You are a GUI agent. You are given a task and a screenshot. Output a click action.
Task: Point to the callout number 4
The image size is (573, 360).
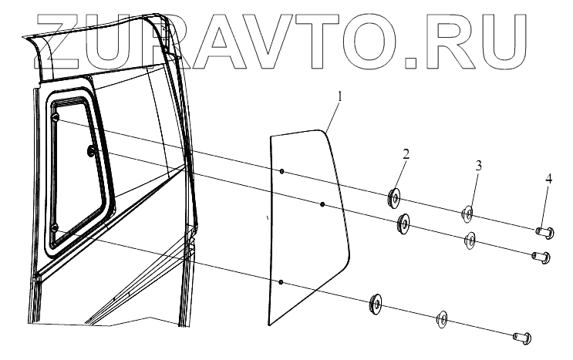(548, 179)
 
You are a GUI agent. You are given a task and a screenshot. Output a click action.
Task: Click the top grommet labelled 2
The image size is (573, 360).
(393, 198)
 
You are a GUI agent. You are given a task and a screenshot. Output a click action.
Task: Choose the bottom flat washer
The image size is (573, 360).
(443, 318)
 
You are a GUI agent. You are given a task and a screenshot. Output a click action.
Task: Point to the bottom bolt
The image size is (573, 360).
(520, 335)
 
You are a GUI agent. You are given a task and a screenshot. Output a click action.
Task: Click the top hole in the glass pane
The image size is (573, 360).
(283, 171)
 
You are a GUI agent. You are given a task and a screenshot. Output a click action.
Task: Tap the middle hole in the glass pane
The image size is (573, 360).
(322, 204)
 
